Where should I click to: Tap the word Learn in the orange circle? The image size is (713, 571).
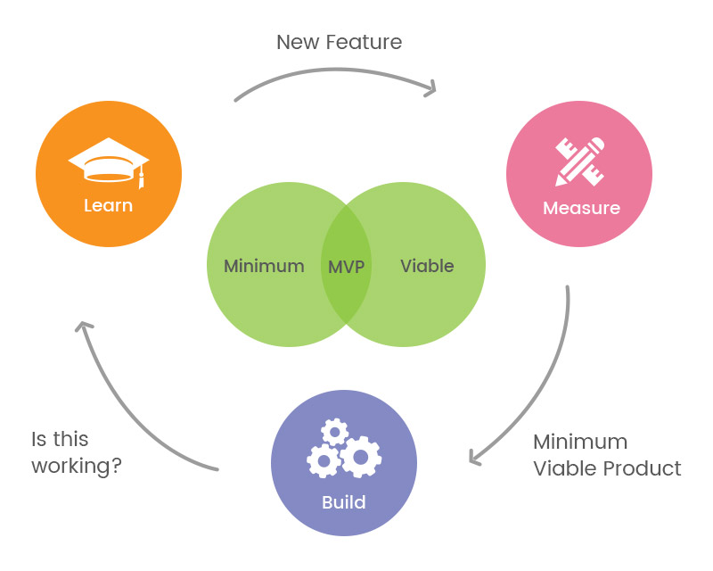[x=108, y=205]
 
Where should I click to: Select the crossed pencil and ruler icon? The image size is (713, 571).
[x=579, y=161]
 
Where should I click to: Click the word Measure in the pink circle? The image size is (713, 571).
[x=581, y=209]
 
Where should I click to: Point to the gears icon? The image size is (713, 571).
[x=344, y=451]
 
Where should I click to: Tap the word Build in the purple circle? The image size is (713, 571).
[x=344, y=502]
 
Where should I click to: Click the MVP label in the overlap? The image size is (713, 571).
[x=347, y=266]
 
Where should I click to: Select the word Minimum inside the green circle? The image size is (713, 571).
[x=264, y=266]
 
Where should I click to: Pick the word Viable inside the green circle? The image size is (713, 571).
[x=427, y=266]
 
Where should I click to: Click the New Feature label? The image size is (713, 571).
[x=339, y=42]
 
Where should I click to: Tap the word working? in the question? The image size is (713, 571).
[x=77, y=466]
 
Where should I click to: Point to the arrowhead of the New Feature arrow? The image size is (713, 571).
[x=431, y=88]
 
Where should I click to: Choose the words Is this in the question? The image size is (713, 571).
[x=60, y=440]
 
